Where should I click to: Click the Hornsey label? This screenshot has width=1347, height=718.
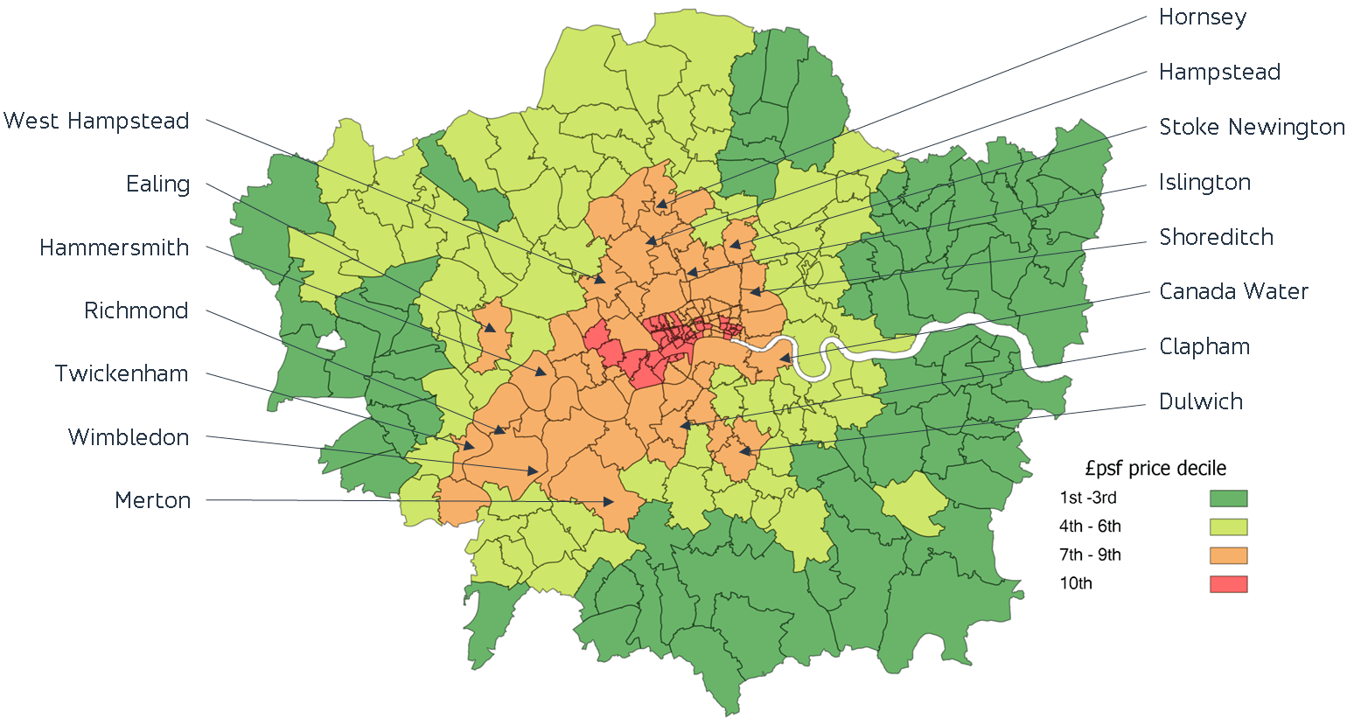tap(1202, 17)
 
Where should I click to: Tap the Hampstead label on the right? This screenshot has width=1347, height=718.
tap(1219, 73)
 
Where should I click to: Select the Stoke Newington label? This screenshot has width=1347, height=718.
tap(1251, 128)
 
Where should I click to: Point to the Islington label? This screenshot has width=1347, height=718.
tap(1204, 183)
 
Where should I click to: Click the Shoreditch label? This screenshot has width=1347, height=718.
tap(1216, 237)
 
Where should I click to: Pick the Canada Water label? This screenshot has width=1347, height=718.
tap(1233, 292)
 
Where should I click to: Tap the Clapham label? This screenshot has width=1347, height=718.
tap(1204, 347)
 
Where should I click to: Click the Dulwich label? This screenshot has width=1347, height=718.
tap(1201, 402)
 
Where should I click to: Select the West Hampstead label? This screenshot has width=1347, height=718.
tap(96, 122)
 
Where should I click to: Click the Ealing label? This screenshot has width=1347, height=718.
tap(157, 185)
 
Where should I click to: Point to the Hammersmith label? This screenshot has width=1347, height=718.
tap(114, 248)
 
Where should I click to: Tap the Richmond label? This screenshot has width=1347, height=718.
tap(136, 311)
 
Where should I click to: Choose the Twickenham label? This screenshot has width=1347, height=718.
tap(122, 374)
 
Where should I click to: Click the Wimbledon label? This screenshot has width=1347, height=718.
tap(129, 437)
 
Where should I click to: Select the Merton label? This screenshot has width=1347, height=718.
tap(152, 501)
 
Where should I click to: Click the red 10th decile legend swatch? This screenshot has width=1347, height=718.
tap(1228, 584)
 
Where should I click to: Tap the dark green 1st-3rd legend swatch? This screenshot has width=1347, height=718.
tap(1228, 498)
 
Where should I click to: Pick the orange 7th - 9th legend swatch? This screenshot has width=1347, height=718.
tap(1228, 555)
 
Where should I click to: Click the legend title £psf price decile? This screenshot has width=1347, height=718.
tap(1155, 469)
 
